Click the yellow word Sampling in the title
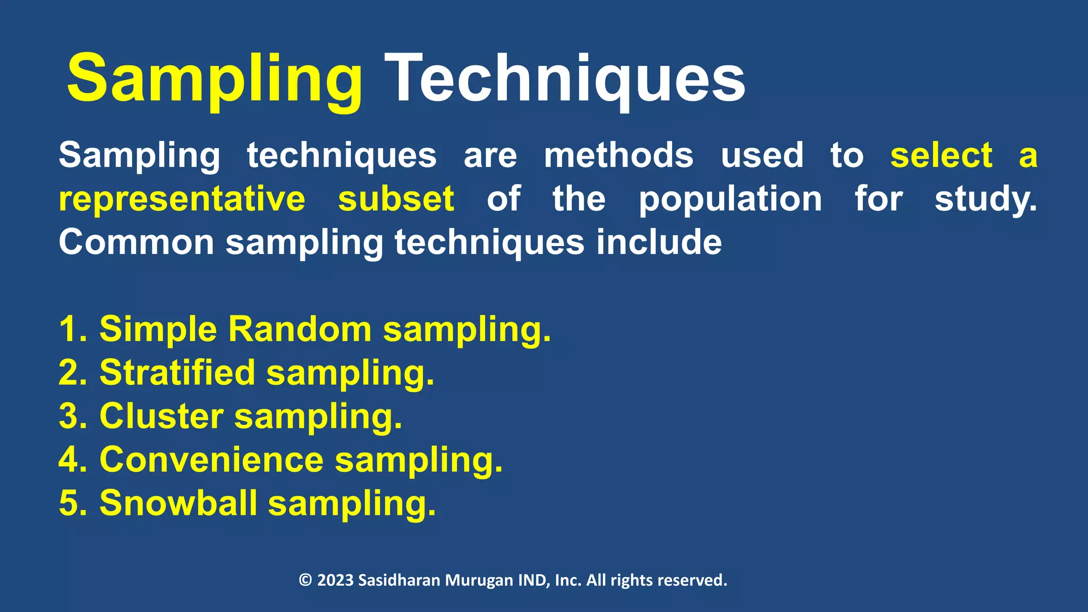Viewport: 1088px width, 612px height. click(x=215, y=80)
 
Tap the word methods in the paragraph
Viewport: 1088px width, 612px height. click(x=618, y=156)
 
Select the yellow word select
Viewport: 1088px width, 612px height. click(x=941, y=156)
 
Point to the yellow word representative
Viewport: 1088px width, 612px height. click(x=182, y=199)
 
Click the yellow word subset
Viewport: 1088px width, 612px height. click(x=396, y=199)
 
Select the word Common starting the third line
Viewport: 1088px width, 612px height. click(x=136, y=243)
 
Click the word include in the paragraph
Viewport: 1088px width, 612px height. click(x=659, y=243)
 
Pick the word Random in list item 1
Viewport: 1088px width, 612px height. click(x=300, y=329)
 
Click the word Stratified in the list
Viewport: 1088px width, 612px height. click(x=177, y=372)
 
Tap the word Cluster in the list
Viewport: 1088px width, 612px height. click(x=161, y=416)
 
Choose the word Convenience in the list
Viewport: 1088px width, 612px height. click(x=211, y=460)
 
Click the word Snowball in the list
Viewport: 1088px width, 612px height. click(x=178, y=503)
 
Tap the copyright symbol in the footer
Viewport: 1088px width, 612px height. click(x=305, y=580)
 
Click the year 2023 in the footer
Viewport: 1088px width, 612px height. click(x=335, y=580)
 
